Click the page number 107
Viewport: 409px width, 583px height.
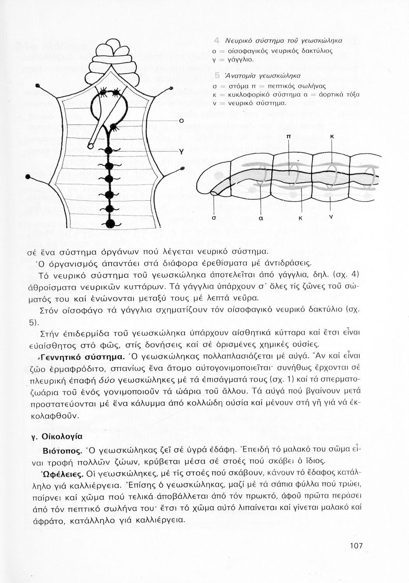coord(356,546)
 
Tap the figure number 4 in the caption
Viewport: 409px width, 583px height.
coord(217,41)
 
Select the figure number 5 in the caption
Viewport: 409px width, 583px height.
coord(217,76)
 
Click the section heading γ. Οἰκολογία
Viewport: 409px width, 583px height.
coord(56,436)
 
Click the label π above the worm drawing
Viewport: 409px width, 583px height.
coord(288,137)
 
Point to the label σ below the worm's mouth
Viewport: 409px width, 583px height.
coord(214,218)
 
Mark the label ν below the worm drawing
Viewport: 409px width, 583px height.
coord(330,216)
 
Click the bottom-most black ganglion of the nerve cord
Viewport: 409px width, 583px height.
coord(111,223)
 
